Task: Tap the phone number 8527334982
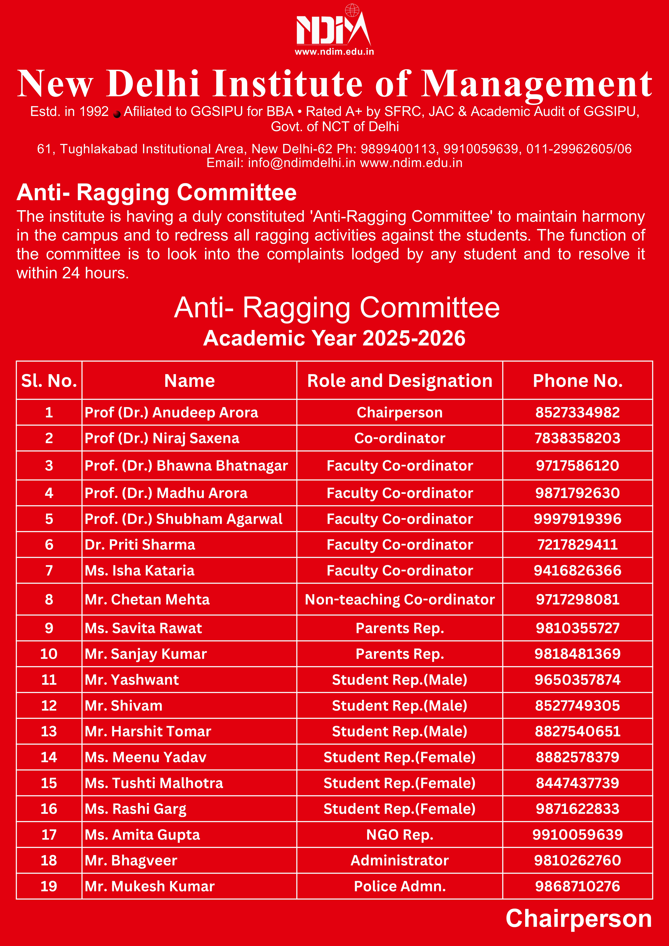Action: click(x=578, y=412)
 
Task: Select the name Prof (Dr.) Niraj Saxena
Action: click(x=162, y=438)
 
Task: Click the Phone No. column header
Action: click(x=578, y=381)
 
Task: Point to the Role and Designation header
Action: click(x=400, y=381)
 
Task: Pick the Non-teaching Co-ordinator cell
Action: click(x=400, y=599)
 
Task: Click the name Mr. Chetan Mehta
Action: click(x=147, y=599)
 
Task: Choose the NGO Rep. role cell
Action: click(x=400, y=835)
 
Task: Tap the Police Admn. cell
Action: click(x=400, y=886)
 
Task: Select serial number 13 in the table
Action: click(x=49, y=731)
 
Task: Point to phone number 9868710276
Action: click(x=578, y=886)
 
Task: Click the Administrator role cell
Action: click(x=400, y=860)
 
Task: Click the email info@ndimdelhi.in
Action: click(x=302, y=163)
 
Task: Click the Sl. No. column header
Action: click(x=49, y=381)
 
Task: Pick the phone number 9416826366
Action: click(x=578, y=571)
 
